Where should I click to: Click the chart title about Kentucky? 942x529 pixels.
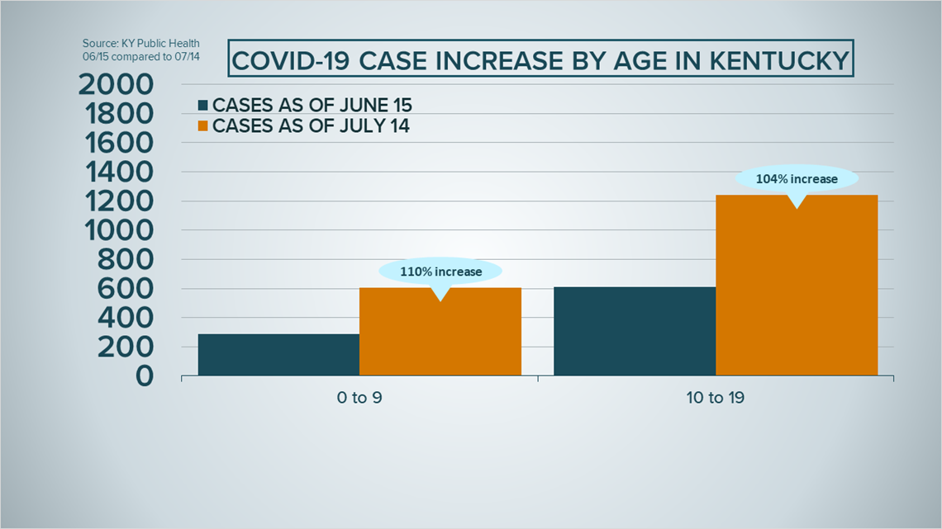(x=540, y=60)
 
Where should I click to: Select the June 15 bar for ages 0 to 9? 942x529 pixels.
(x=278, y=355)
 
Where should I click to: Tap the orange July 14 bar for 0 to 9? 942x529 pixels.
(x=440, y=332)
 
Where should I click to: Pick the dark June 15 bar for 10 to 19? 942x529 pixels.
(x=635, y=331)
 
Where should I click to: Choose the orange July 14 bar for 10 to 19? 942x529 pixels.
(x=797, y=285)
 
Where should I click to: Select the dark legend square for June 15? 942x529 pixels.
(x=203, y=106)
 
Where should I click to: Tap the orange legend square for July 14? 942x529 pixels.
(x=203, y=126)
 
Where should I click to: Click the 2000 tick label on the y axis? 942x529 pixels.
(x=116, y=84)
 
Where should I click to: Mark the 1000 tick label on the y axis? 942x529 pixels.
(x=120, y=230)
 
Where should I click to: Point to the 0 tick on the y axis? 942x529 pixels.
(x=145, y=376)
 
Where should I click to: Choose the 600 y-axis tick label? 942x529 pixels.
(x=125, y=289)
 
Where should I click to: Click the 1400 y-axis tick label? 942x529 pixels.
(x=120, y=172)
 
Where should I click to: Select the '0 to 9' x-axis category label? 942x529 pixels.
(x=359, y=398)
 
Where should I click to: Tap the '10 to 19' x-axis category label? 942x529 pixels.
(x=716, y=398)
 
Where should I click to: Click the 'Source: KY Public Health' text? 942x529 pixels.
(x=141, y=44)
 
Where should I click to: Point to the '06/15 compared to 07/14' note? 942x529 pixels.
(x=141, y=57)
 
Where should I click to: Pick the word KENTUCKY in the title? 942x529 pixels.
(x=779, y=60)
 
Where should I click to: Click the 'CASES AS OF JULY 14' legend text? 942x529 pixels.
(x=311, y=126)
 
